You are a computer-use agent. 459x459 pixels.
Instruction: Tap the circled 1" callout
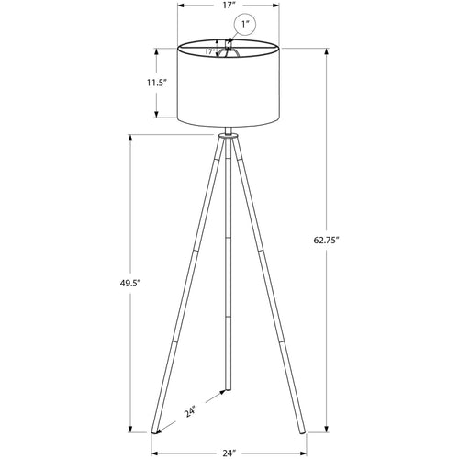246,24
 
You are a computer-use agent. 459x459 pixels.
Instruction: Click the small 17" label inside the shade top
209,52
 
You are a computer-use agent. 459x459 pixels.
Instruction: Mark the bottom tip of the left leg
155,431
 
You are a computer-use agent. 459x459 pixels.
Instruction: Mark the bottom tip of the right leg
304,431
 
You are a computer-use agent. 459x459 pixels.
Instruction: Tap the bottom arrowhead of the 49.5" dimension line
132,431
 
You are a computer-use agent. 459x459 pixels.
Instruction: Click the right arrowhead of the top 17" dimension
280,6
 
